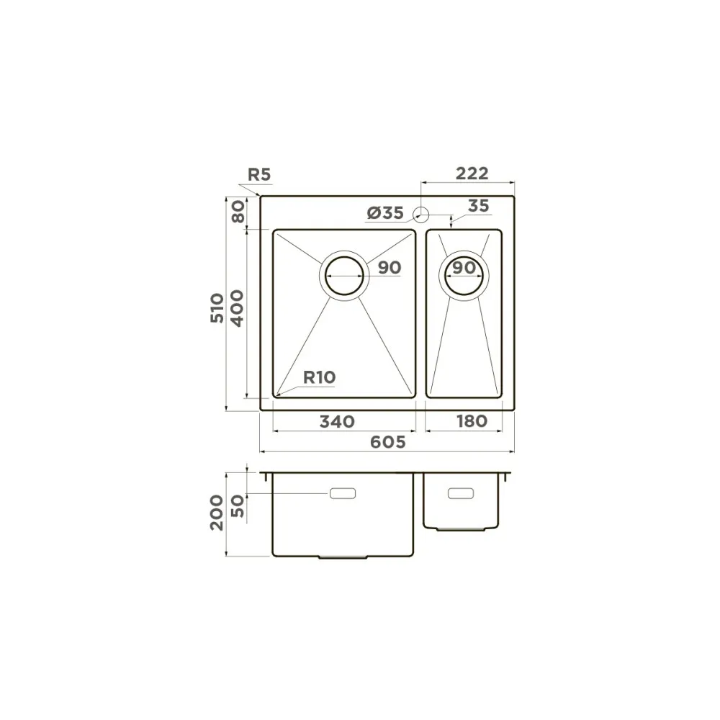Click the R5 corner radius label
tap(259, 174)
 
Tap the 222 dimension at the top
tap(472, 174)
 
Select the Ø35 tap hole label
tap(385, 212)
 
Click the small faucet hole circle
tap(421, 214)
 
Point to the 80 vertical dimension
tap(238, 212)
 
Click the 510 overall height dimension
tap(217, 307)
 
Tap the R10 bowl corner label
tap(320, 377)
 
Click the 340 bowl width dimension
tap(337, 421)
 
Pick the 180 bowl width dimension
tap(472, 421)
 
